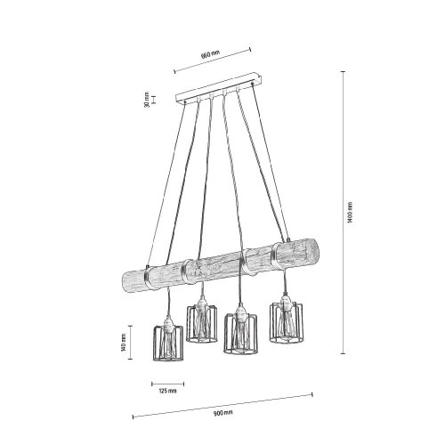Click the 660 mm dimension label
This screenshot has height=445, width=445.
pos(210,54)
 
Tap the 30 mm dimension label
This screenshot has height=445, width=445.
pos(146,100)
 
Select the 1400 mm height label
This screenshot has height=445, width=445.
pos(351,213)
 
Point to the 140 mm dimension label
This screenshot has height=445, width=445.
pos(124,342)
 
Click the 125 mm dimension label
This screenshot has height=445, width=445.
pos(168,391)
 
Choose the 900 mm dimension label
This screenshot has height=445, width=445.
pos(224,413)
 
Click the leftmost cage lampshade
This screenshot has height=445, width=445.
pos(168,344)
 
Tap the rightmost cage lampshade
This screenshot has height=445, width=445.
pos(286,323)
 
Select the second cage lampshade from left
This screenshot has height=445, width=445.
pos(202,324)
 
